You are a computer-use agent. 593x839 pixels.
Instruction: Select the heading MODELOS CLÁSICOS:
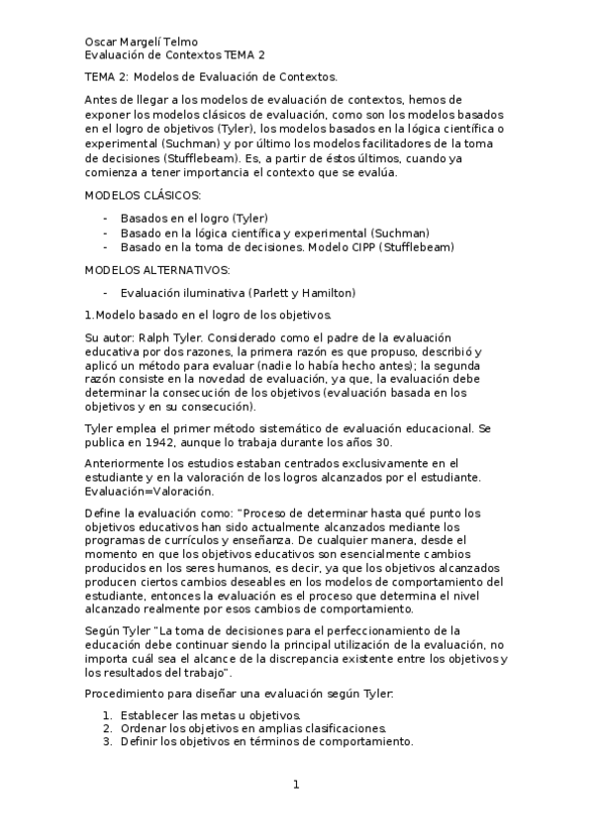pyautogui.click(x=144, y=196)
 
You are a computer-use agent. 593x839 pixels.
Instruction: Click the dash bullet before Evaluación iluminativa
pyautogui.click(x=106, y=293)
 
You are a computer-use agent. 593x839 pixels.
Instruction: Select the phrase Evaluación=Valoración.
pyautogui.click(x=149, y=491)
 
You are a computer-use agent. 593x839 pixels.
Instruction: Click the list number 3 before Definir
pyautogui.click(x=107, y=741)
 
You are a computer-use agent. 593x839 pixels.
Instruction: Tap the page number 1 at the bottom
pyautogui.click(x=295, y=786)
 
